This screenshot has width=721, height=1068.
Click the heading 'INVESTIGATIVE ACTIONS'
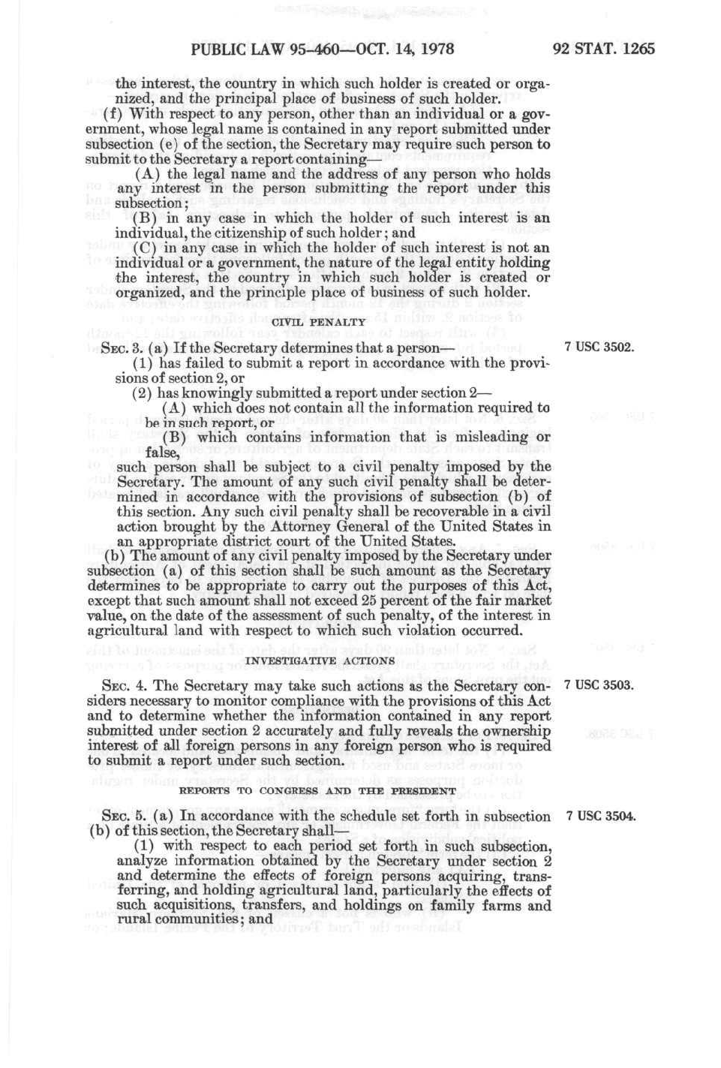320,661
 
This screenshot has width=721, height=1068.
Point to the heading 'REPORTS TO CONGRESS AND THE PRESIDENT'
317,791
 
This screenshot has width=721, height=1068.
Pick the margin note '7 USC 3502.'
599,347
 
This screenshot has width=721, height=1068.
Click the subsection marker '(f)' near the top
114,114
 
